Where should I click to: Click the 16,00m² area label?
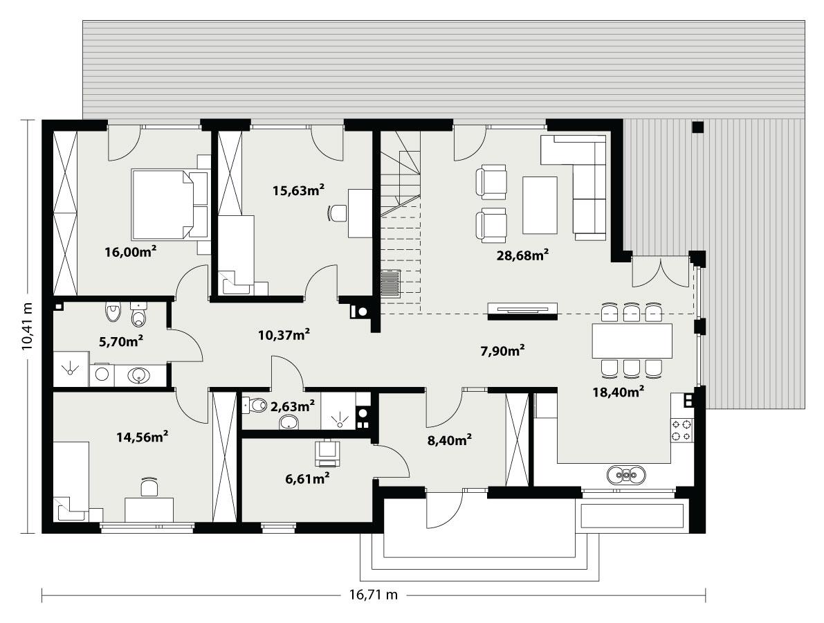130,252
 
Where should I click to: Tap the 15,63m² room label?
299,189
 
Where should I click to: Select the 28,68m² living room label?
522,255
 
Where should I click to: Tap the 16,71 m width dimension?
374,594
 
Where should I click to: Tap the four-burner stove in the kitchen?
681,431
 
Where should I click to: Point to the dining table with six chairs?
632,341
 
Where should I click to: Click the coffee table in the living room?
540,205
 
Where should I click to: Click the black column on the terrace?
697,127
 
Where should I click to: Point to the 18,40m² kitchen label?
619,392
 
